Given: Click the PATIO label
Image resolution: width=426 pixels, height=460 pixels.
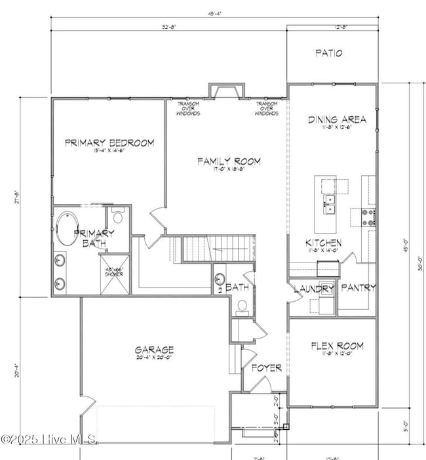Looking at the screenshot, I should coord(328,53).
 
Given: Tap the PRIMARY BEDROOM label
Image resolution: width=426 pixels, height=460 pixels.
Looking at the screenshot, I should coord(109,142).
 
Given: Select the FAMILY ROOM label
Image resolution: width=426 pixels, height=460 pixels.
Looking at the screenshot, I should coord(229,161).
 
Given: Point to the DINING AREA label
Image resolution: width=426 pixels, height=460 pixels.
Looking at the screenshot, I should coord(337,119).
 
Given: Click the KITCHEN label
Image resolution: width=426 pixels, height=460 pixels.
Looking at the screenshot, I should coord(324,241).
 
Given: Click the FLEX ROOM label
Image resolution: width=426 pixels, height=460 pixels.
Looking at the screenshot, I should coord(337,346).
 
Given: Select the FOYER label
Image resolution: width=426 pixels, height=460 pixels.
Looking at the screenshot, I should coord(267,367).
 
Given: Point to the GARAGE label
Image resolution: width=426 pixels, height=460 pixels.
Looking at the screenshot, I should coord(155,350).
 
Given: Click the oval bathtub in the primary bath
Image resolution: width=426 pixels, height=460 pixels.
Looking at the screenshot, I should coord(66,228).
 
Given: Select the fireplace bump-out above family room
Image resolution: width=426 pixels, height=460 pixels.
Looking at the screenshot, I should coord(227,91).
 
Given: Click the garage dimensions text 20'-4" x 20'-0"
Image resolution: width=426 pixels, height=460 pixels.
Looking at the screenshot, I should coord(155,359).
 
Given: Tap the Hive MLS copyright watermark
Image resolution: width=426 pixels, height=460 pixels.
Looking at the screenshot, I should coord(49,439).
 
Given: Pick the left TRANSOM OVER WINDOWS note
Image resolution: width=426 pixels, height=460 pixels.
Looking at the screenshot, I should coord(187,109).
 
